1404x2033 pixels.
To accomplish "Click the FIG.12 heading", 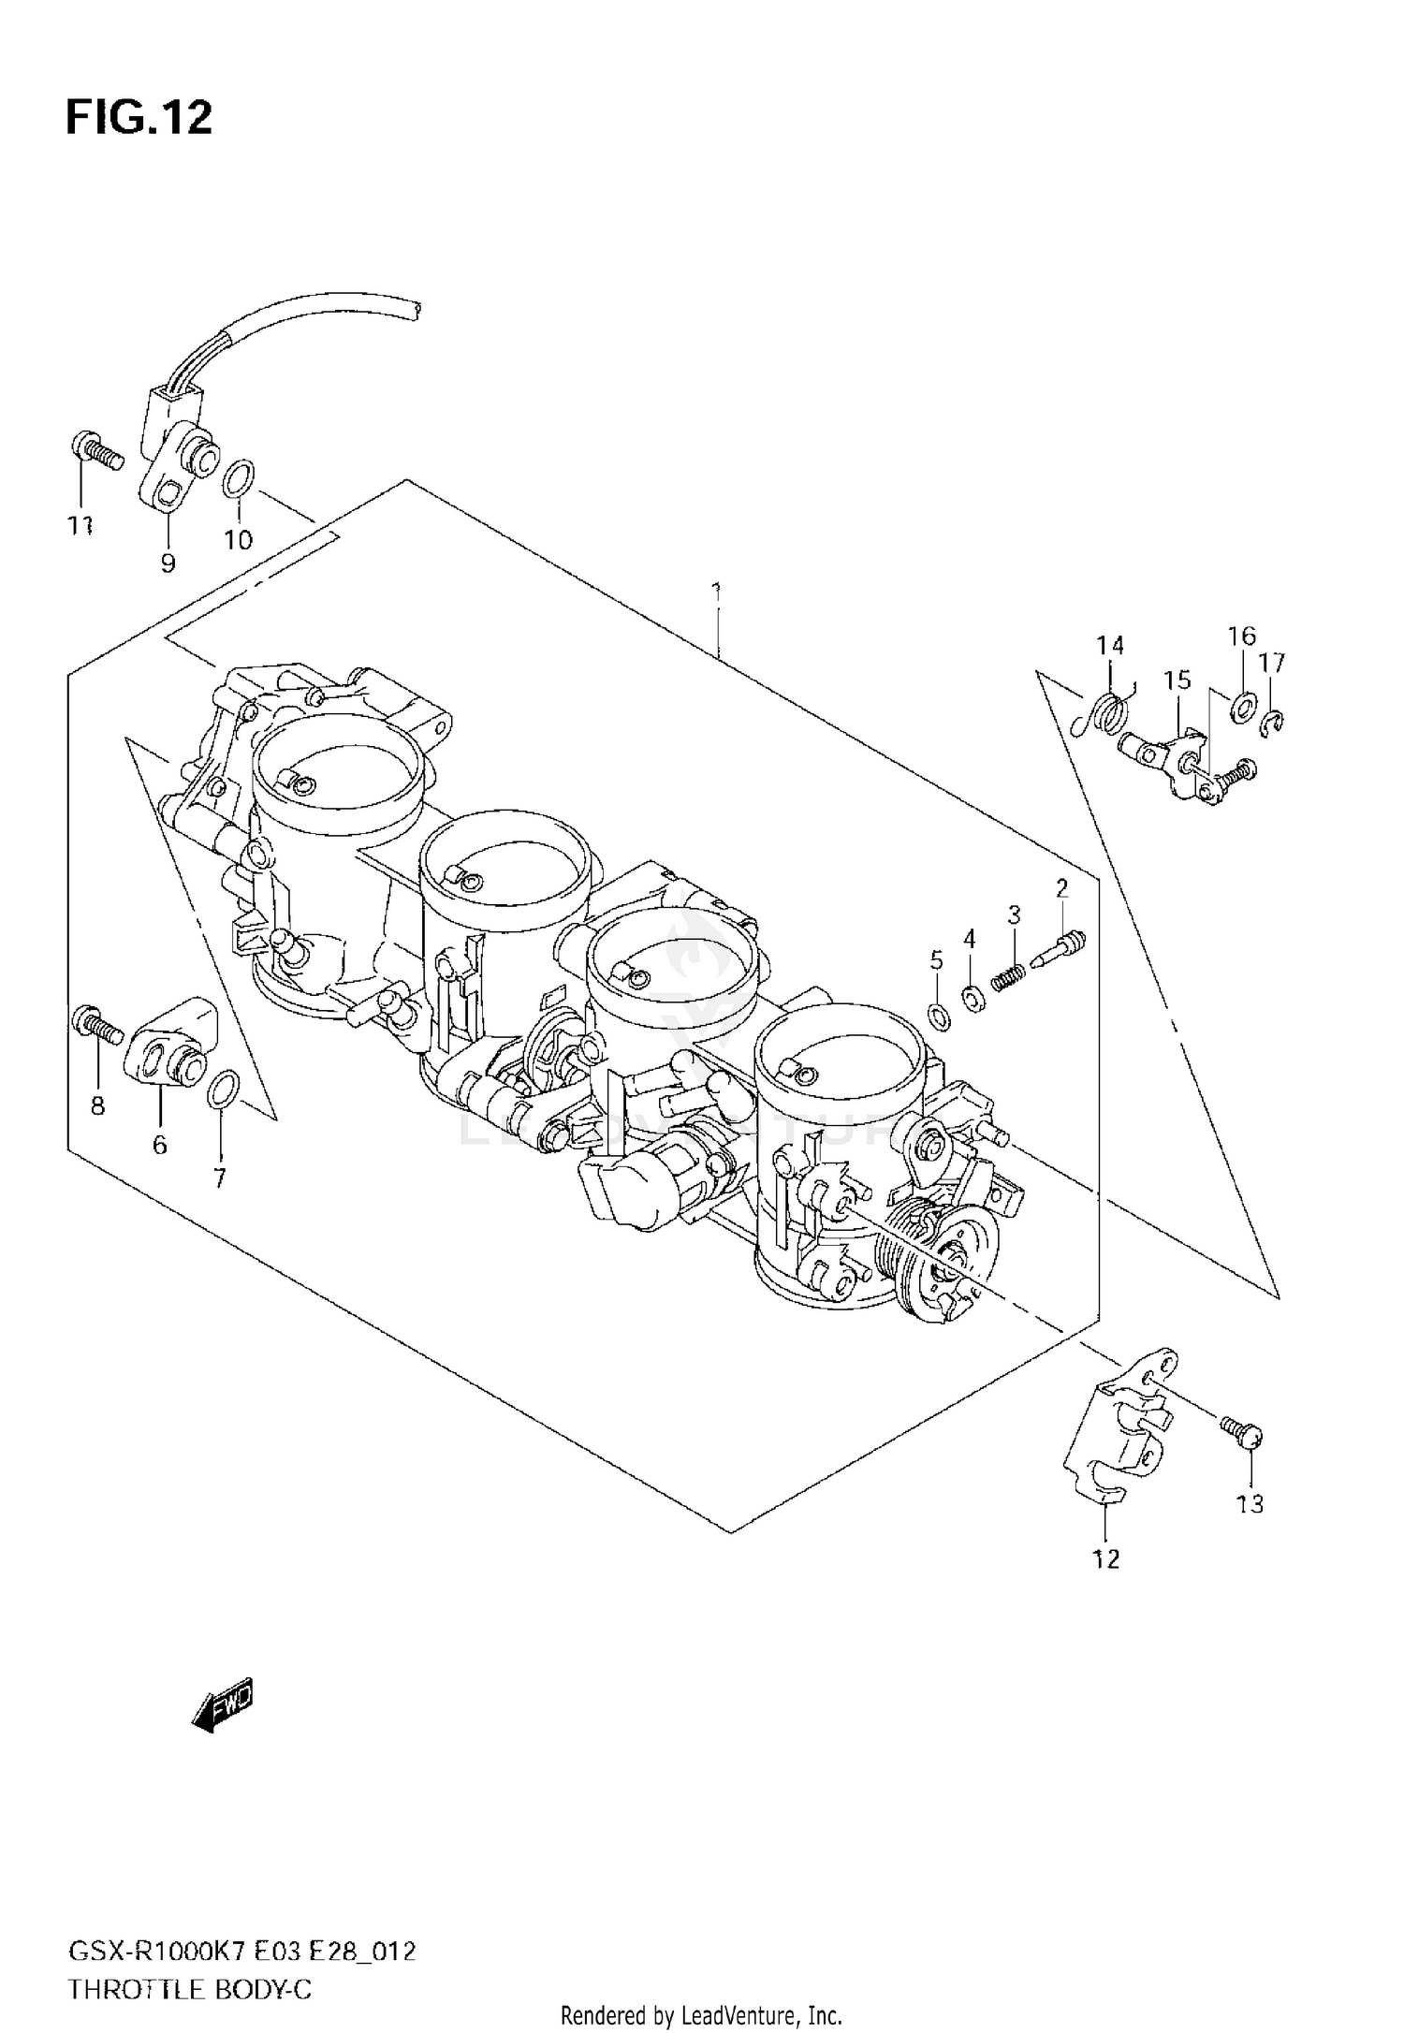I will point(139,119).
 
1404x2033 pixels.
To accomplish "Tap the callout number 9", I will point(168,563).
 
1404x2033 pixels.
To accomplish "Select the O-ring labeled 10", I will point(238,478).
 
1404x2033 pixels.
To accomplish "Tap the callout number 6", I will point(159,1144).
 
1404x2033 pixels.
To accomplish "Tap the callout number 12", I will point(1105,1558).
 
